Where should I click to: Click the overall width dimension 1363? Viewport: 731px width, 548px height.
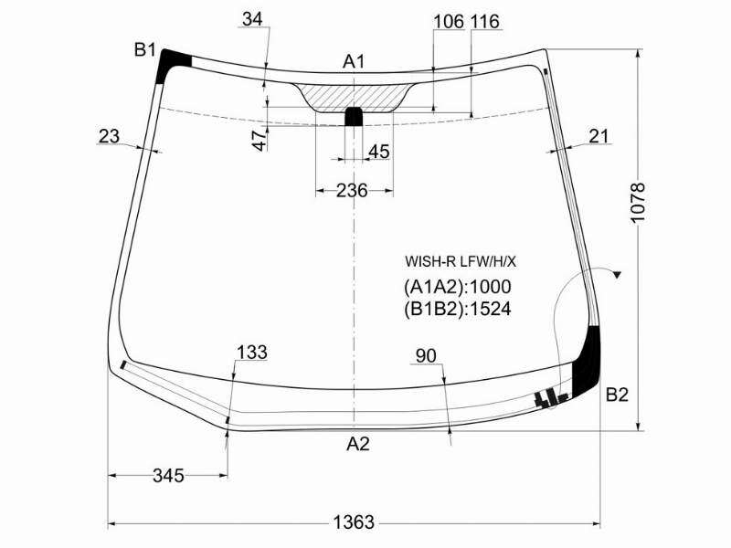coord(354,522)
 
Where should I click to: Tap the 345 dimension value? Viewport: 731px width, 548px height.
coord(168,476)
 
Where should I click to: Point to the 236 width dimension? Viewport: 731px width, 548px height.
coord(352,190)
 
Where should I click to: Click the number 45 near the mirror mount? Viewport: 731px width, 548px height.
coord(378,152)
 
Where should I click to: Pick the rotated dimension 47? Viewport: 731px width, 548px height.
coord(260,140)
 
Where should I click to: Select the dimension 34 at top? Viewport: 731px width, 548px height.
coord(253,19)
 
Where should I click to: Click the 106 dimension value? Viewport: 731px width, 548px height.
coord(449,21)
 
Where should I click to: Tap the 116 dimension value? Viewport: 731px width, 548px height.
coord(485,21)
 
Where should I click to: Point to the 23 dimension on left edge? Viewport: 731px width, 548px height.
coord(109,136)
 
